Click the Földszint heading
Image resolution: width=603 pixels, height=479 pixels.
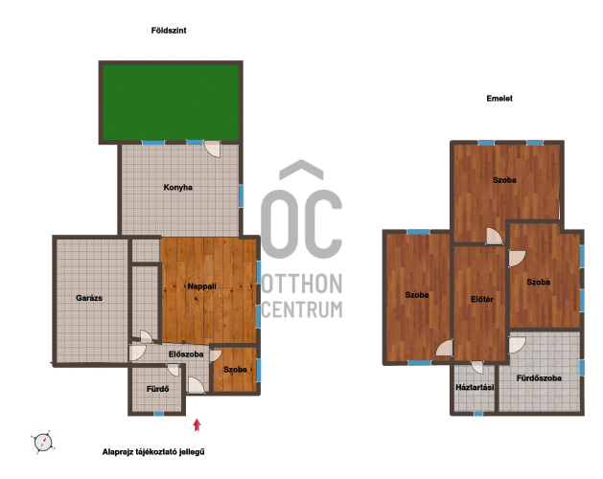pyautogui.click(x=169, y=31)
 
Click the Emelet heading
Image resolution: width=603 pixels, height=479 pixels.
pyautogui.click(x=499, y=99)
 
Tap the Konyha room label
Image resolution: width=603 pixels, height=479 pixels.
pyautogui.click(x=177, y=188)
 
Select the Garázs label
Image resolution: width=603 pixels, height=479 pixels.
pyautogui.click(x=89, y=298)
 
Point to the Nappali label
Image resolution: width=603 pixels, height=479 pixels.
pyautogui.click(x=201, y=286)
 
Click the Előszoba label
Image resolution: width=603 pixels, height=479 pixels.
pyautogui.click(x=186, y=354)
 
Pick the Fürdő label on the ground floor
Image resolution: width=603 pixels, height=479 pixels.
pyautogui.click(x=157, y=389)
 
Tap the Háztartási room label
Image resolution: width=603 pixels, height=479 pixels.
pyautogui.click(x=475, y=387)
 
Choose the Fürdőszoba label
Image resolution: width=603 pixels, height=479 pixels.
pyautogui.click(x=539, y=378)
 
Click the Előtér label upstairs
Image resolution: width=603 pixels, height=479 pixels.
pyautogui.click(x=482, y=299)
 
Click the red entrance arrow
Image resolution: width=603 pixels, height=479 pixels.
pyautogui.click(x=197, y=424)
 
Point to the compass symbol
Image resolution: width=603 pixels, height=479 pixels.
pyautogui.click(x=43, y=443)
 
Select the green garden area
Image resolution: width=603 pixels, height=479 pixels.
pyautogui.click(x=171, y=103)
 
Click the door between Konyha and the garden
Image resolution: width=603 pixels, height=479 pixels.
pyautogui.click(x=212, y=148)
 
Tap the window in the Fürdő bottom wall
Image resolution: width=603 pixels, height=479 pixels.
pyautogui.click(x=158, y=414)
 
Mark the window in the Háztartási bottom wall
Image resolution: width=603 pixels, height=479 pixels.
pyautogui.click(x=478, y=414)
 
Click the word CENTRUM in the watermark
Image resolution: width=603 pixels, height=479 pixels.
pyautogui.click(x=302, y=309)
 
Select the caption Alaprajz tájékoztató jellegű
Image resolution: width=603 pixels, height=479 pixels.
pyautogui.click(x=153, y=452)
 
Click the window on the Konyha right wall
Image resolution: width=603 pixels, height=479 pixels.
pyautogui.click(x=242, y=195)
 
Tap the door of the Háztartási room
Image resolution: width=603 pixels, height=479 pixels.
pyautogui.click(x=477, y=367)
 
